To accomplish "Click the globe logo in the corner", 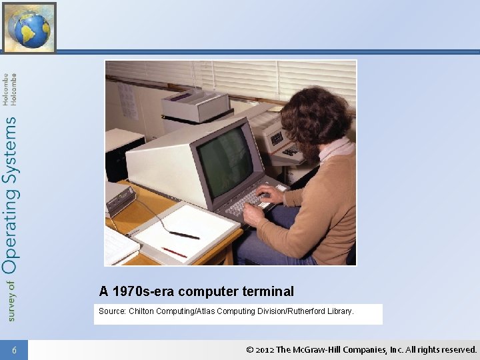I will click(29, 27).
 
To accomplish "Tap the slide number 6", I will click(14, 350).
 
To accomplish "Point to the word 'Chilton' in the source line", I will click(142, 311).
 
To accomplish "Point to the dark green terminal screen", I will click(224, 160).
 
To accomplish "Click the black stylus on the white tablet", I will click(183, 235).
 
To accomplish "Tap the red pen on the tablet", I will click(174, 252).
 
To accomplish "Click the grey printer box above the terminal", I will click(195, 105).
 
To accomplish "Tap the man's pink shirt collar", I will click(336, 149).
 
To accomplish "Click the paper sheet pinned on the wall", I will click(126, 100).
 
